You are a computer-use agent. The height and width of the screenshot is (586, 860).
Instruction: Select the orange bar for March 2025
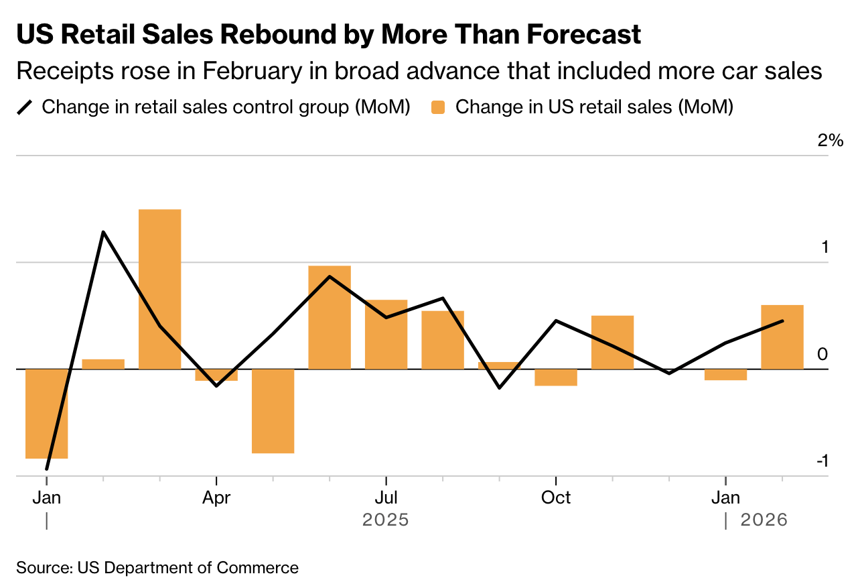(x=159, y=288)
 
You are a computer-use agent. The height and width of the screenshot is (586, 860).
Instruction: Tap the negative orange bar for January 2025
(x=46, y=414)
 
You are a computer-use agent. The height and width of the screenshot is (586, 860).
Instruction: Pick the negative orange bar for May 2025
(x=273, y=411)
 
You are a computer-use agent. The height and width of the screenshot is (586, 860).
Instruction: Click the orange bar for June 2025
(x=330, y=317)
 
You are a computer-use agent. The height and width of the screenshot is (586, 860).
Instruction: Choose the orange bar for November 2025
(x=612, y=342)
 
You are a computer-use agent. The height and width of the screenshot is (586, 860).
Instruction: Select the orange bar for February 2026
(x=782, y=337)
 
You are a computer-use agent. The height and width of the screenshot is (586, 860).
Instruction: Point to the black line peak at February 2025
(x=103, y=232)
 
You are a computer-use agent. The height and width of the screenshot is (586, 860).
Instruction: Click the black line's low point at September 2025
(x=499, y=388)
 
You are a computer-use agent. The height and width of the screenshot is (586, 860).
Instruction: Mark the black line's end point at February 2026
(x=782, y=320)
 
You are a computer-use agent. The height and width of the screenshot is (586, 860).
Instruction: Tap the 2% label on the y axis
(x=830, y=140)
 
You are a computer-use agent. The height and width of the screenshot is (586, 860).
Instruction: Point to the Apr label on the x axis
(x=216, y=497)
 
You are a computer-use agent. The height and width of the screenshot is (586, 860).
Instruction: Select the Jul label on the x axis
(x=386, y=497)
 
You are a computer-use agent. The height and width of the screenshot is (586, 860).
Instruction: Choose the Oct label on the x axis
(x=556, y=497)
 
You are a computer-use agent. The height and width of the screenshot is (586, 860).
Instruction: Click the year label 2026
(x=764, y=520)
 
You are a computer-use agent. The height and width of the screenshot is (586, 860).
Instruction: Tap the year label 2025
(x=385, y=520)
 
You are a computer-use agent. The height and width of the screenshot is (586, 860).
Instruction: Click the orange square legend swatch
(x=438, y=107)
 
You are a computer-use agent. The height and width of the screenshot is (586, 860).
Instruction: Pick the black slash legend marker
(x=25, y=107)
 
